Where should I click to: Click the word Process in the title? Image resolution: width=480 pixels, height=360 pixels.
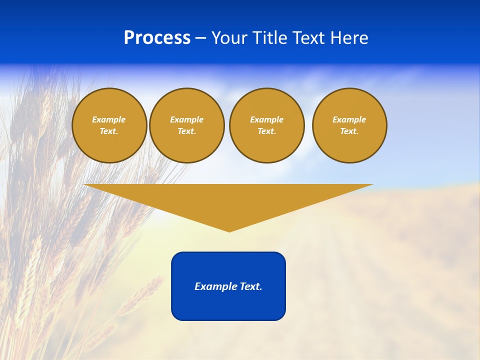(x=157, y=38)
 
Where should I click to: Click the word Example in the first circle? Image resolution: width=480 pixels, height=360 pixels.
(x=109, y=119)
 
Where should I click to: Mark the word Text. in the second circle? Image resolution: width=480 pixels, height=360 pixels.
(x=187, y=131)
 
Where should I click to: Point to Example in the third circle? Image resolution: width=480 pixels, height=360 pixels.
(x=267, y=119)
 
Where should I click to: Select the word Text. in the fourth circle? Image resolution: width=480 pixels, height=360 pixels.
(x=349, y=131)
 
